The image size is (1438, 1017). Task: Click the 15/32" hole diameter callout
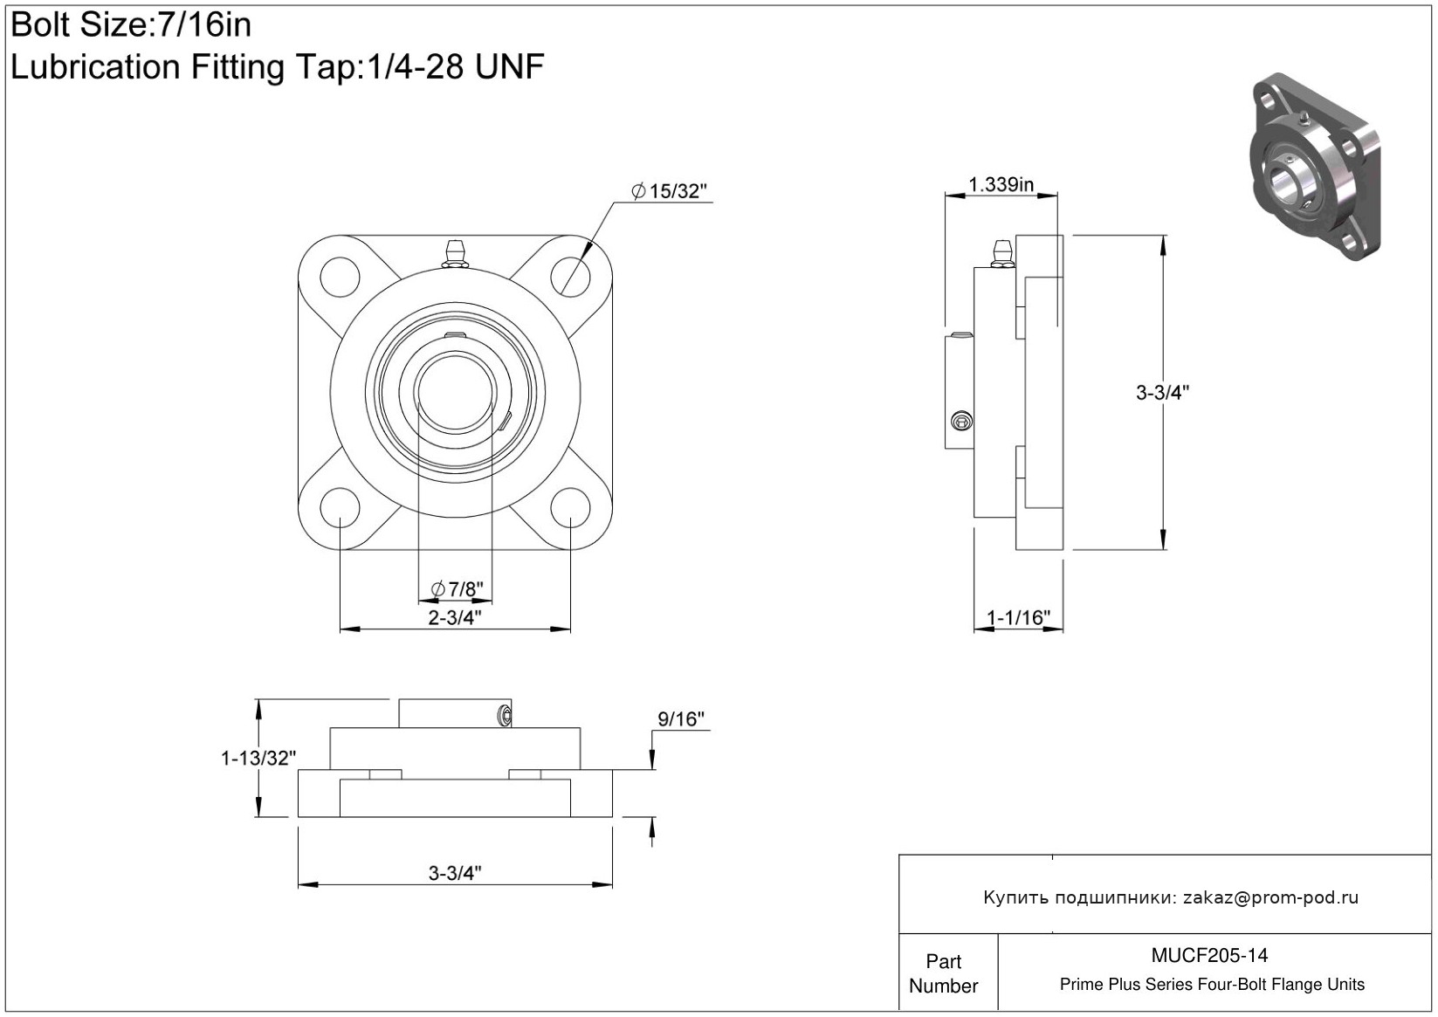pyautogui.click(x=669, y=191)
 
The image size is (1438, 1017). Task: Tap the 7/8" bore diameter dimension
pyautogui.click(x=458, y=589)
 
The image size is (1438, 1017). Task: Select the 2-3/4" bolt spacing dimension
pyautogui.click(x=455, y=617)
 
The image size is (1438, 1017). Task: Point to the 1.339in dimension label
pyautogui.click(x=1001, y=184)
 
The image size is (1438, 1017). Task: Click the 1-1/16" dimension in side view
pyautogui.click(x=1018, y=618)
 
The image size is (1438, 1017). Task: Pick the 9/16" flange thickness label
pyautogui.click(x=681, y=719)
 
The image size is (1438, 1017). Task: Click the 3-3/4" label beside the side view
pyautogui.click(x=1162, y=393)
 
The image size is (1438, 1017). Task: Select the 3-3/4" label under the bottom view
pyautogui.click(x=455, y=872)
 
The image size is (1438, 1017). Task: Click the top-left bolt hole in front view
pyautogui.click(x=341, y=277)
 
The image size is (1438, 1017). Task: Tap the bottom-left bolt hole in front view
pyautogui.click(x=340, y=507)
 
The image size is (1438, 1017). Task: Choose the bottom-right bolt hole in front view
pyautogui.click(x=570, y=507)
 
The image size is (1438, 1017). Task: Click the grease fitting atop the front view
pyautogui.click(x=455, y=251)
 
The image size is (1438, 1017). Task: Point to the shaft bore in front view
pyautogui.click(x=455, y=392)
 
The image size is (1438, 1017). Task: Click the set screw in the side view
pyautogui.click(x=962, y=422)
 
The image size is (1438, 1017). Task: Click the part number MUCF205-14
pyautogui.click(x=1209, y=955)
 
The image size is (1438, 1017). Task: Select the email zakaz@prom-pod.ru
pyautogui.click(x=1270, y=897)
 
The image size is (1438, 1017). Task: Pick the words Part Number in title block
pyautogui.click(x=944, y=973)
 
